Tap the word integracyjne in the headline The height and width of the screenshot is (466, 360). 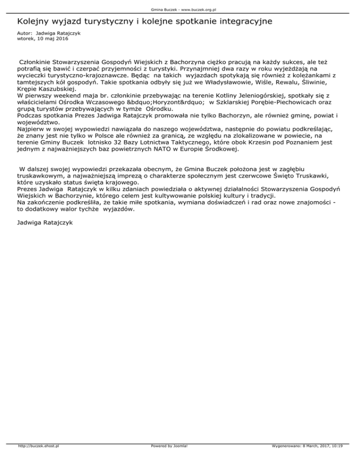(246, 22)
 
